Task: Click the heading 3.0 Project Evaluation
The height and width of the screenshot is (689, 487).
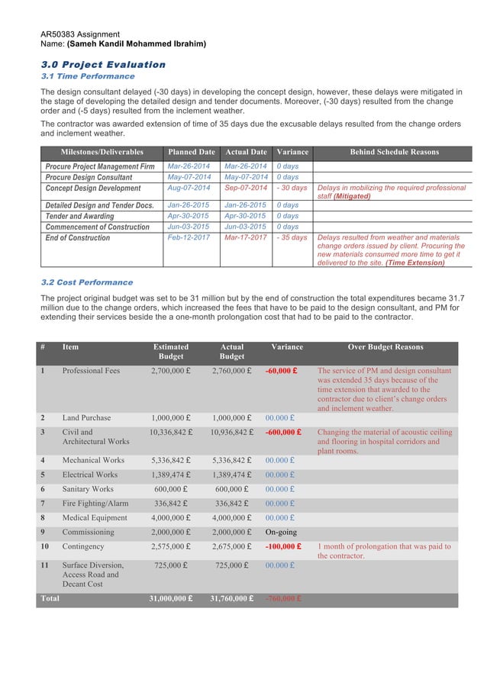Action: tap(102, 64)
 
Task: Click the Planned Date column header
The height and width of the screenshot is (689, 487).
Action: tap(192, 152)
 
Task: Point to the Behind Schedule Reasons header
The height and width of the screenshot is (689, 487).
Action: tap(393, 152)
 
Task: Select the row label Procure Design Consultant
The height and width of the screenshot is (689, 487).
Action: tap(89, 177)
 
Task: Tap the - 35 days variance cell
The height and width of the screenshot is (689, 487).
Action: tap(292, 237)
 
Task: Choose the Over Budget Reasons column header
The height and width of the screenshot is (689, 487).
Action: tap(385, 347)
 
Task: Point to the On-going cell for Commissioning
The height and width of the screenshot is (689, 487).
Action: tap(282, 532)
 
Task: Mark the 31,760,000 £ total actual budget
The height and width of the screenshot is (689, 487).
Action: tap(232, 599)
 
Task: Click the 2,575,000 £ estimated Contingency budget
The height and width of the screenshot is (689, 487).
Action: tap(171, 546)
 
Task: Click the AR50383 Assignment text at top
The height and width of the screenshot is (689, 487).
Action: tap(79, 34)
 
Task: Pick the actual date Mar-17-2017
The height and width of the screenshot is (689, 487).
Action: tap(246, 237)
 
